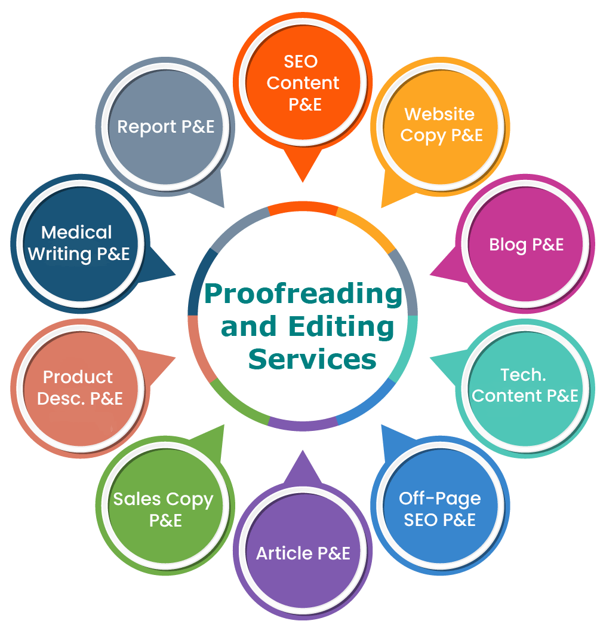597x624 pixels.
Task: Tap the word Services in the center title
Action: click(312, 359)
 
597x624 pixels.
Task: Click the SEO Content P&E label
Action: click(303, 82)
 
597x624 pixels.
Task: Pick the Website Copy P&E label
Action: click(441, 125)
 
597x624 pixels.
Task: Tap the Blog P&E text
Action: click(526, 244)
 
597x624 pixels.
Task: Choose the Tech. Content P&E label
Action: click(525, 386)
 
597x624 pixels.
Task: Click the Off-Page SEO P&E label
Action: click(439, 509)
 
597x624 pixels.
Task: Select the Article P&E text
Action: click(303, 553)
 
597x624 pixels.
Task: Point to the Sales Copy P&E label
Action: click(164, 509)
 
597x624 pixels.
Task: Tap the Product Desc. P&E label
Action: click(79, 388)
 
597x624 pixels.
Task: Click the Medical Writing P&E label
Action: click(79, 243)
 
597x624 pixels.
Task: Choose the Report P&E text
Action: click(165, 127)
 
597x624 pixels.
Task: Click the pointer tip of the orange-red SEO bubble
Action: click(303, 182)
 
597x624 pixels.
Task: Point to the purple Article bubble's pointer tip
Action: click(303, 451)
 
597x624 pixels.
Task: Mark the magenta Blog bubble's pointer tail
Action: click(431, 274)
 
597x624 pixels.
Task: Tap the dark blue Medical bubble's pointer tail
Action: click(175, 274)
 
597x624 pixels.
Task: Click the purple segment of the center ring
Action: click(303, 426)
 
